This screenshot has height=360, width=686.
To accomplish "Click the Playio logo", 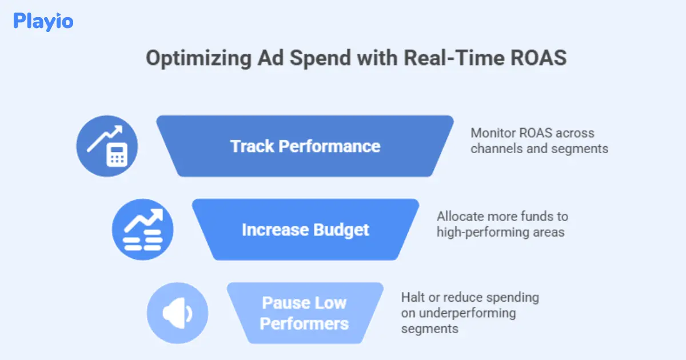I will point(43,22).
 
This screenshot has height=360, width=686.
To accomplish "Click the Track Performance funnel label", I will point(305,146).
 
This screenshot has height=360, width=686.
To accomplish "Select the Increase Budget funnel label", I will point(305,230).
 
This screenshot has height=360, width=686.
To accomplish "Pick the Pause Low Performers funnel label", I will point(304,313).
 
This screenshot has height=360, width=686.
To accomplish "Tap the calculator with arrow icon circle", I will point(107,146).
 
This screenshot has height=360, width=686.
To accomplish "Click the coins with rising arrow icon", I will point(142,230).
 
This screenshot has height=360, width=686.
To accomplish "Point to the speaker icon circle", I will point(177,313).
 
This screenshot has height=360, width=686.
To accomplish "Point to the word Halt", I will point(412,298).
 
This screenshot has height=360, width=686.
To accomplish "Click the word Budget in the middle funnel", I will point(341,230).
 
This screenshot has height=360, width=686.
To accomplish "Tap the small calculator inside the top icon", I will point(117,155).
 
